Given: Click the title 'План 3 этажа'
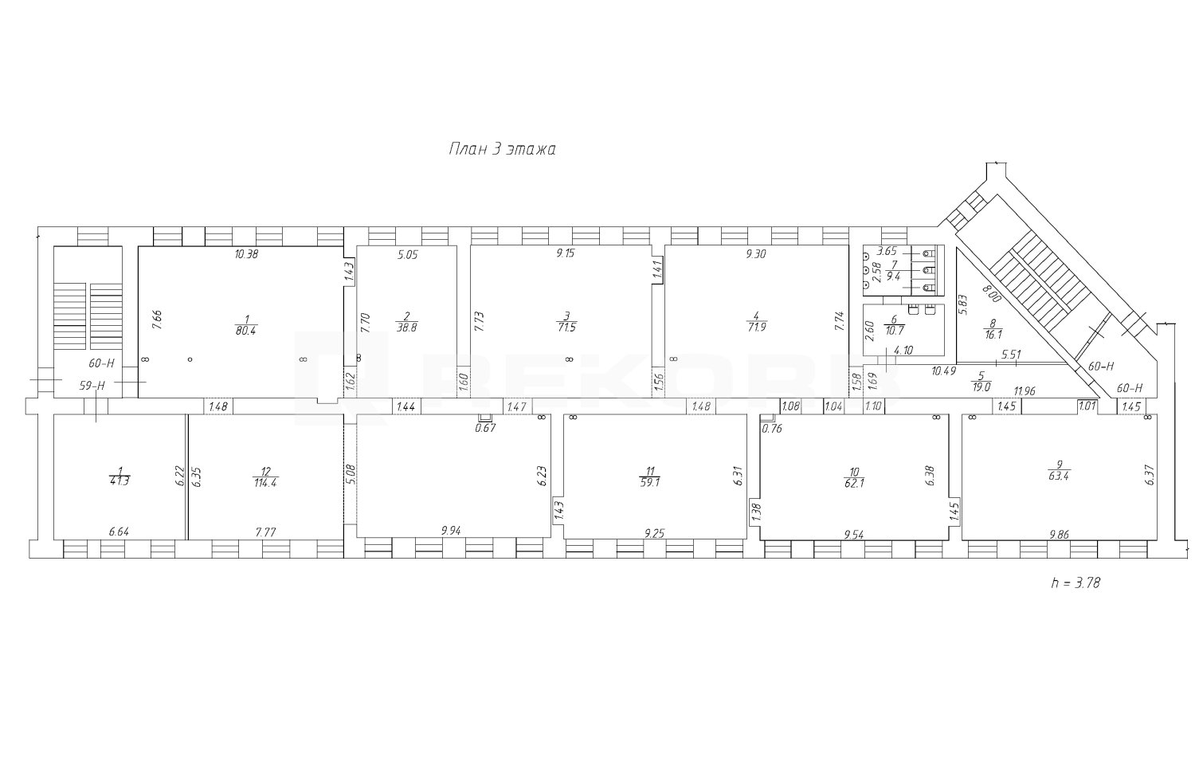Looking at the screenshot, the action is [502, 149].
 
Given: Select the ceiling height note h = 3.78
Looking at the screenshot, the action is [1075, 582].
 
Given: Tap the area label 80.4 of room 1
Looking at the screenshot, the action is [246, 330].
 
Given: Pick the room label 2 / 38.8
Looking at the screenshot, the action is [406, 322].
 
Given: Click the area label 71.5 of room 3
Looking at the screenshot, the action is [566, 328].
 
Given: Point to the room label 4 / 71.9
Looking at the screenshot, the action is [757, 322].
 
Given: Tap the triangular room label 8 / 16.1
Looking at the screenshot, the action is [993, 328].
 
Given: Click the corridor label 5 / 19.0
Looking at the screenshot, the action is [981, 382].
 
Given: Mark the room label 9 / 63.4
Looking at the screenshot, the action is [1059, 470].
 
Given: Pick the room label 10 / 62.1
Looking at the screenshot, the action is [854, 477].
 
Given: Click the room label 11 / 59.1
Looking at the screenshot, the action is [649, 477].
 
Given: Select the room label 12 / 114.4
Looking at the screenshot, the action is [265, 477].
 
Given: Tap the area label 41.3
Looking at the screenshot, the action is [119, 480].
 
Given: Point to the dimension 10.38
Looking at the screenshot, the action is [246, 254].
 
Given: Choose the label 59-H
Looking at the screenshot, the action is [92, 386].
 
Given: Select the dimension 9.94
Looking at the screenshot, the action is [451, 531].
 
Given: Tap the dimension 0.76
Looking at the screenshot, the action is [772, 429].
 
